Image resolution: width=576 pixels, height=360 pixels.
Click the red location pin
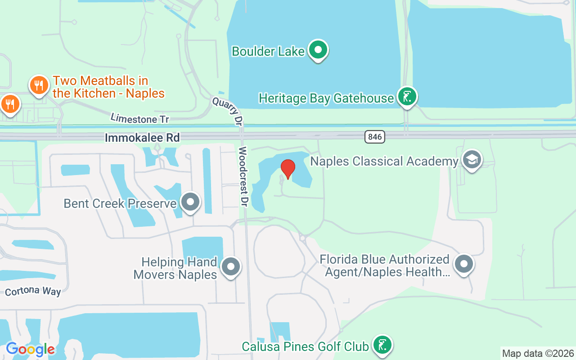point(288,169)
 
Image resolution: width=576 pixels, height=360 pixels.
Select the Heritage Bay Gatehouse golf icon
point(407,97)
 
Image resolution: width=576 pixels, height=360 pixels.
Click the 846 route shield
point(375,137)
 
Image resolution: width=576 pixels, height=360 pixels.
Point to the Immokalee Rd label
point(142,138)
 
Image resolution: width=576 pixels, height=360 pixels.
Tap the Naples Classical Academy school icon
point(472,160)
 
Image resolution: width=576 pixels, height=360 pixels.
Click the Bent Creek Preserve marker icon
point(191,202)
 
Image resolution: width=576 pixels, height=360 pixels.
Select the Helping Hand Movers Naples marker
point(231,266)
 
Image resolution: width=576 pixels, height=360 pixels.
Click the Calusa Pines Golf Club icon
point(382,345)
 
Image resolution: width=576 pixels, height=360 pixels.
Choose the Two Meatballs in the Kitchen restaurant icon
point(39,85)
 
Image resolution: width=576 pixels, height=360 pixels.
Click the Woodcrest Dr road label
point(243,176)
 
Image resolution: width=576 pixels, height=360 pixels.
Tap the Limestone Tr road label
point(139,118)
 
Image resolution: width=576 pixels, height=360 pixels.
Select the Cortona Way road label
point(33,291)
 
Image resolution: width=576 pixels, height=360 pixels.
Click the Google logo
point(31,349)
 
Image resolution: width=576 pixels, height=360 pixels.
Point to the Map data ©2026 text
point(538,353)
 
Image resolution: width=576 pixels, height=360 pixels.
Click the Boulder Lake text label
point(268,51)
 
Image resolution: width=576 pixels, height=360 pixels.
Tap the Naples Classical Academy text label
point(384,161)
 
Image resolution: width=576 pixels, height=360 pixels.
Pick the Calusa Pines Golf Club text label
point(305,346)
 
